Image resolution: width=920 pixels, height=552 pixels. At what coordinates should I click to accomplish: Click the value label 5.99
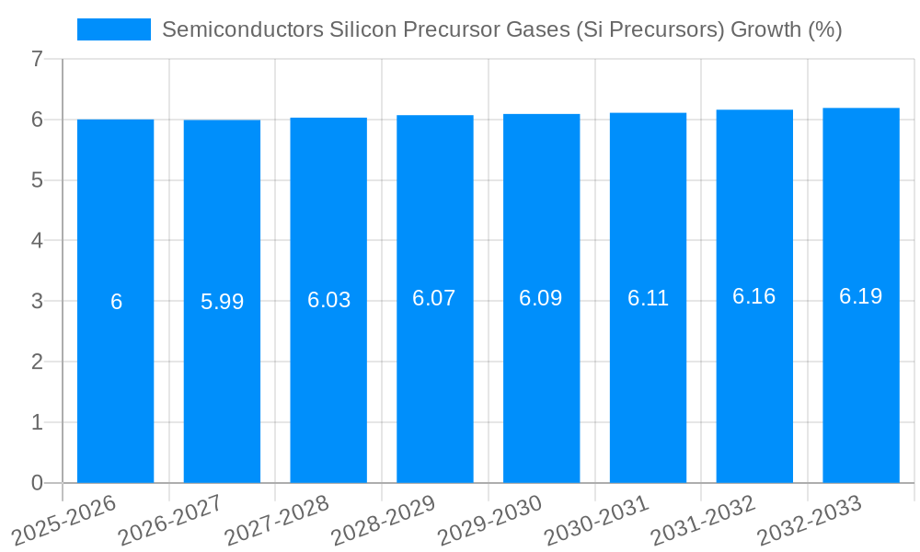pos(222,302)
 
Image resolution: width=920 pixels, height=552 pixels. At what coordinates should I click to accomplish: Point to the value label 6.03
pos(328,300)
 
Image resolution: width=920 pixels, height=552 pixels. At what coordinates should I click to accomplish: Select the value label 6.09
pos(541,299)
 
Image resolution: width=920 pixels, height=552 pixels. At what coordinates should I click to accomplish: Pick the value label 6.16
pos(753,296)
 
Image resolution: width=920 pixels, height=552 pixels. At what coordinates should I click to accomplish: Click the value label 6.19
pos(860,295)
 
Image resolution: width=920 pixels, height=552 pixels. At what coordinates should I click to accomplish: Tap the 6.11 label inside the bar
pos(648,298)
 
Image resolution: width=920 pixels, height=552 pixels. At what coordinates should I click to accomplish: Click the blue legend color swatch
pos(114,29)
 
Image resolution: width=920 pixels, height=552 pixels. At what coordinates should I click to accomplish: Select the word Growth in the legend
pos(765,29)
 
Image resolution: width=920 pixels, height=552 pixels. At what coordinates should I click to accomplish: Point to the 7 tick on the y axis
pos(37,59)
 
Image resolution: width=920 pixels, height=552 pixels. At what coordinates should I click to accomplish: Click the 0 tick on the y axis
pos(37,483)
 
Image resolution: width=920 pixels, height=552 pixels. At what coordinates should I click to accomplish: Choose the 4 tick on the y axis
pos(37,241)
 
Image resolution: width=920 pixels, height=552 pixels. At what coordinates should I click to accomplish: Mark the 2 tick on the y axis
pos(37,362)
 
